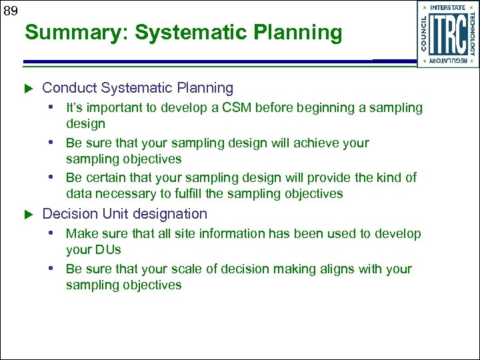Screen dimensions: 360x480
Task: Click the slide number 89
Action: click(x=9, y=10)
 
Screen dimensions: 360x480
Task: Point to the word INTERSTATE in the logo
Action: click(x=448, y=8)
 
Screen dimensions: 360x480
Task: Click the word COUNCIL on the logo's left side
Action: click(x=424, y=34)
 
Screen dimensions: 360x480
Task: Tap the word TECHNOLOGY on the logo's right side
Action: click(x=472, y=34)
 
